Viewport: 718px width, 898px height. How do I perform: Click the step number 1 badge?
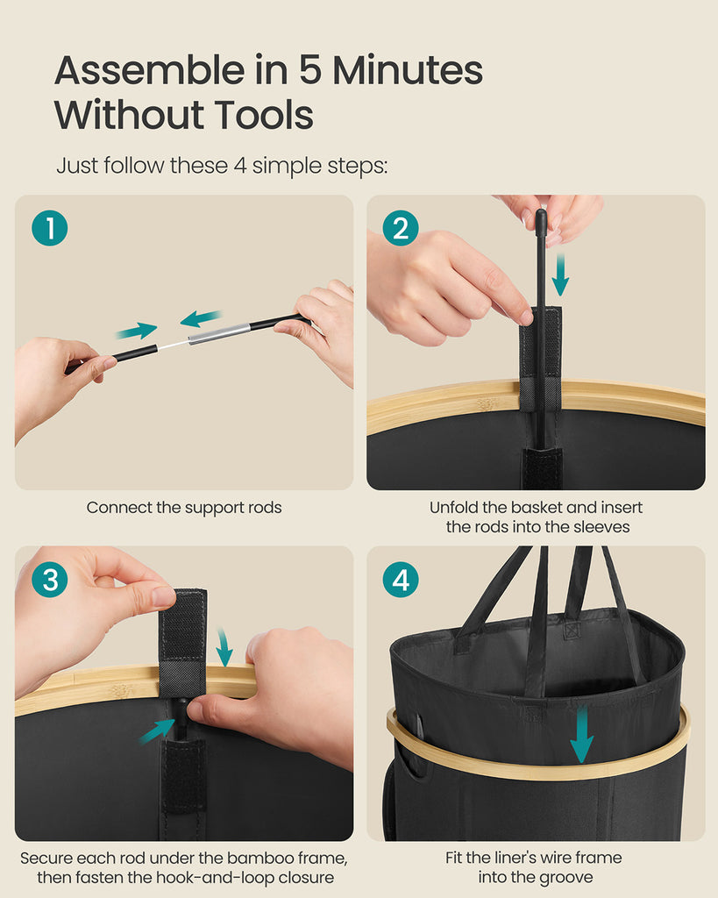[50, 228]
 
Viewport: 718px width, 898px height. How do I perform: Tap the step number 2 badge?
[401, 228]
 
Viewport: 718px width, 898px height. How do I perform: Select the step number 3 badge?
[50, 579]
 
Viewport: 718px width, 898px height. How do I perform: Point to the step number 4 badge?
[401, 579]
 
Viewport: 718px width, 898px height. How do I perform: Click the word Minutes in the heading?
[408, 70]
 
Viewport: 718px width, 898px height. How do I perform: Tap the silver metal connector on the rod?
[219, 333]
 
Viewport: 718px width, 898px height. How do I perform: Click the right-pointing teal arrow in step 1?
[137, 331]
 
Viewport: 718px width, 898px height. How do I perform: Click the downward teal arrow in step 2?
[560, 274]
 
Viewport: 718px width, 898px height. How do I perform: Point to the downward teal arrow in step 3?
[224, 647]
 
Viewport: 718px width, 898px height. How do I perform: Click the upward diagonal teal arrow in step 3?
[156, 731]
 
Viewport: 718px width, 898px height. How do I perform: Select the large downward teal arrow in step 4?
[582, 734]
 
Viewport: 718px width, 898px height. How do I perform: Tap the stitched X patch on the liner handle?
[572, 630]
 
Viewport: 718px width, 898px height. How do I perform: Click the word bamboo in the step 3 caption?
[257, 858]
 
